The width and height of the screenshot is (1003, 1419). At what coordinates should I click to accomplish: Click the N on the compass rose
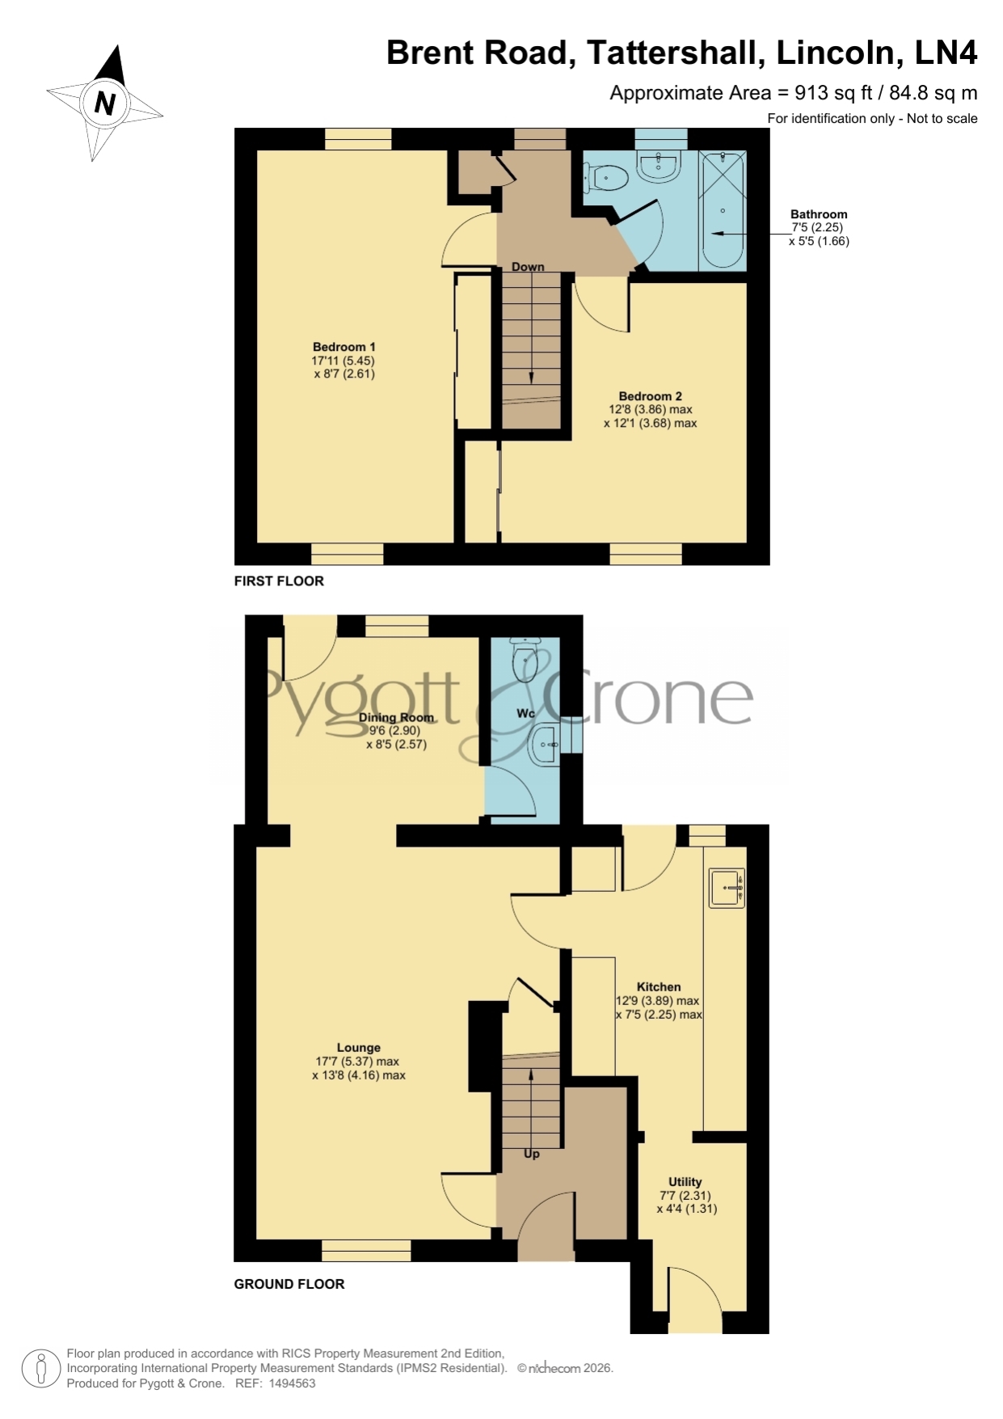point(105,103)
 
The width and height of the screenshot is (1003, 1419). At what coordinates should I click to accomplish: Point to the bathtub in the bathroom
point(723,210)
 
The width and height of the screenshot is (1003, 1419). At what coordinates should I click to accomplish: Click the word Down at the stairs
point(528,267)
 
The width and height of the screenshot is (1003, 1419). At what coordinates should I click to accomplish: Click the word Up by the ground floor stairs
point(531,1154)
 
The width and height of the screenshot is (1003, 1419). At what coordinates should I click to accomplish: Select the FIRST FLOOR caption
point(279,581)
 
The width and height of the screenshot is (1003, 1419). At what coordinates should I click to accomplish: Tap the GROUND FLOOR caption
point(289,1283)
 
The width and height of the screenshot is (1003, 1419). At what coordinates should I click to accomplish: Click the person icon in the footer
point(40,1369)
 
